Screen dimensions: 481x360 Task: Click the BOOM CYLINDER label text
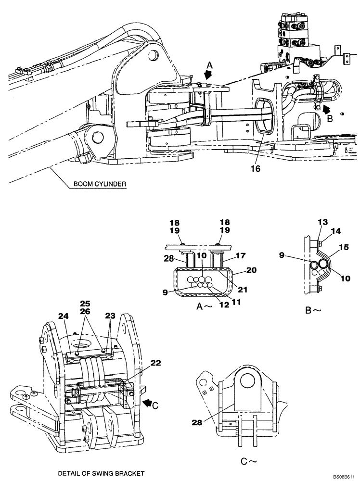coord(101,184)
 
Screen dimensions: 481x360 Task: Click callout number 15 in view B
coord(344,247)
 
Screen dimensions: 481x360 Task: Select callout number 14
coord(335,231)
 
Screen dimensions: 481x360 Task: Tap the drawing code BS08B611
coord(345,475)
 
